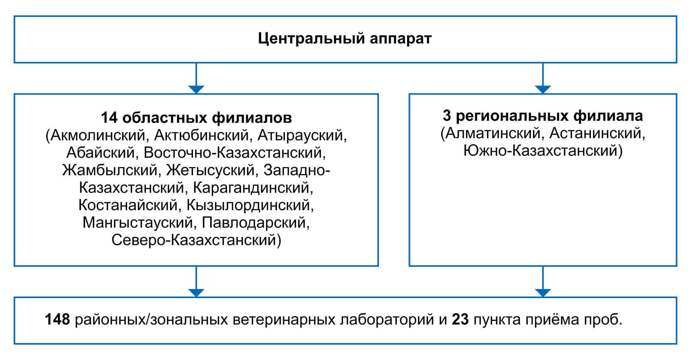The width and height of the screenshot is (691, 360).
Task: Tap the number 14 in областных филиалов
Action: [x=109, y=118]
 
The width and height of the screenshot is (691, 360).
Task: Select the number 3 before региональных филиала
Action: [x=447, y=116]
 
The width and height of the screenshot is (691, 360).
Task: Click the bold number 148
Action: [x=57, y=319]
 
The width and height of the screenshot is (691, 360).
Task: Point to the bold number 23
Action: [x=460, y=319]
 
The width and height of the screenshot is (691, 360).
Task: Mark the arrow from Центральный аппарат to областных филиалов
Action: [x=196, y=78]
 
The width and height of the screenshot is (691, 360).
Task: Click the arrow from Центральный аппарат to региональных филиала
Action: [x=543, y=78]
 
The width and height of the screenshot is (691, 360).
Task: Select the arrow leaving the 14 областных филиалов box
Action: [x=196, y=282]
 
